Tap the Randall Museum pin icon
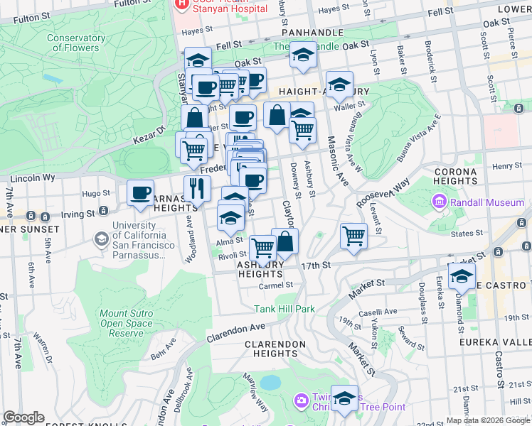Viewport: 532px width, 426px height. pyautogui.click(x=439, y=203)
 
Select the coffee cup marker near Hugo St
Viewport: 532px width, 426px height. pyautogui.click(x=141, y=192)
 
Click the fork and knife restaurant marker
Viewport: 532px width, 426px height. pyautogui.click(x=197, y=188)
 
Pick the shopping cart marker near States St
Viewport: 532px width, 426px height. pyautogui.click(x=353, y=235)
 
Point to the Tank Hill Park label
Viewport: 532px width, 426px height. pyautogui.click(x=284, y=308)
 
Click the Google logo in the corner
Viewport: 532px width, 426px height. pyautogui.click(x=23, y=417)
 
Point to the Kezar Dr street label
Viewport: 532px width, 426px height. pyautogui.click(x=150, y=131)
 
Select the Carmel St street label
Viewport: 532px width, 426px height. pyautogui.click(x=277, y=285)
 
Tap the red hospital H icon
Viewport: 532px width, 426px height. pyautogui.click(x=182, y=4)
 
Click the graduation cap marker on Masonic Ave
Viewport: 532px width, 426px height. pyautogui.click(x=339, y=84)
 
